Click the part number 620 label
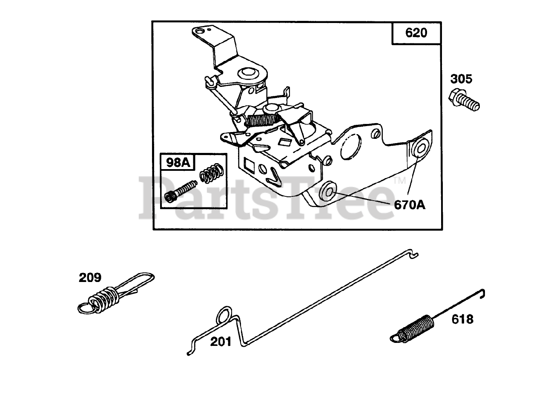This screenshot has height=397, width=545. [x=416, y=33]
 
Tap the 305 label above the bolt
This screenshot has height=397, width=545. [x=462, y=79]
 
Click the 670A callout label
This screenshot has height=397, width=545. [x=410, y=205]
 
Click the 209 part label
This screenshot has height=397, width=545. [x=90, y=278]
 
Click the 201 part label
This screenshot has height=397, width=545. [x=221, y=341]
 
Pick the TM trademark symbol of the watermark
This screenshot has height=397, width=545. [x=400, y=181]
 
